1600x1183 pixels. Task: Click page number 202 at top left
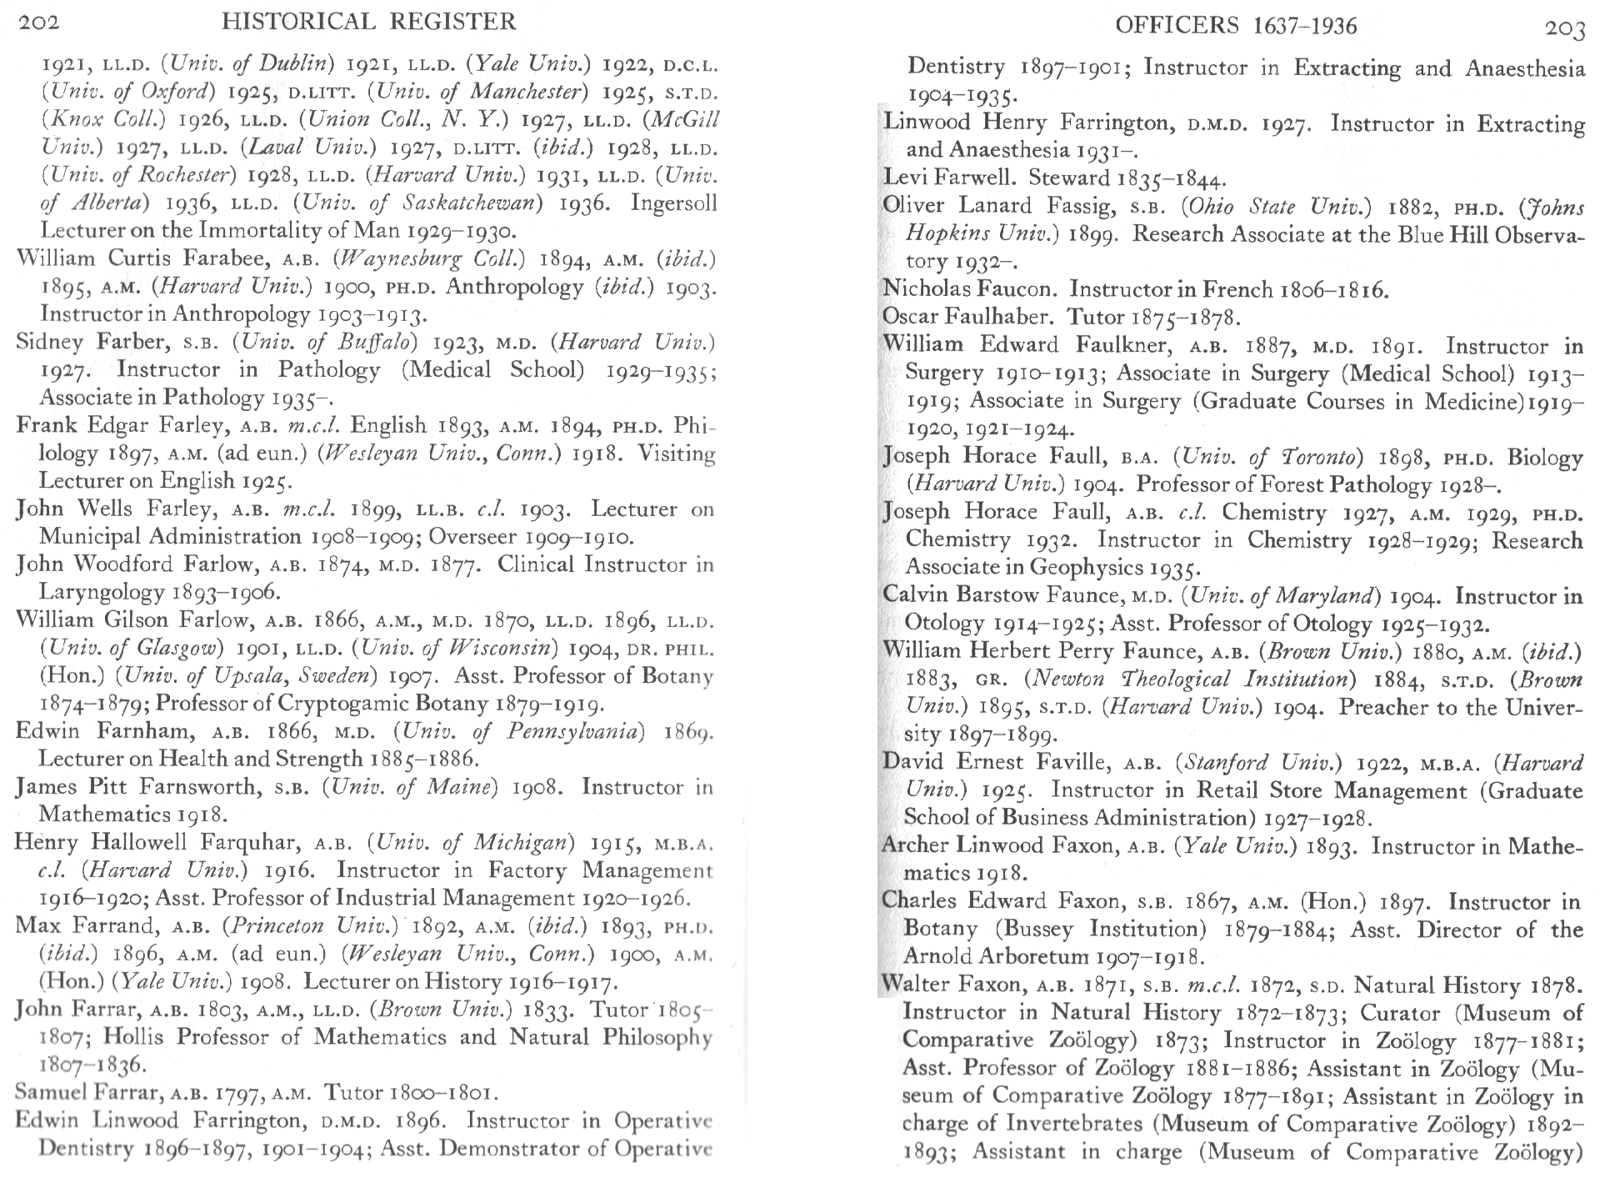39,23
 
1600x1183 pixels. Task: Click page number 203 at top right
1564,29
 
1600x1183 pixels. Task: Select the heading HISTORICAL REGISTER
369,22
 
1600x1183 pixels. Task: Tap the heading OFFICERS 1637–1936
1236,26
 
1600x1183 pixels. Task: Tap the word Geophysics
1086,568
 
